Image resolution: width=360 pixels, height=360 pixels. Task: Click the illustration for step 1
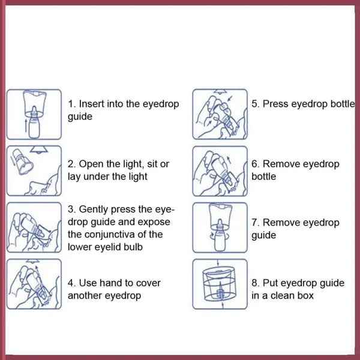click(34, 115)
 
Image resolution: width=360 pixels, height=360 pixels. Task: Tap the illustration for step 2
click(34, 171)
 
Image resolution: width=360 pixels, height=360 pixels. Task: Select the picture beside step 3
click(34, 227)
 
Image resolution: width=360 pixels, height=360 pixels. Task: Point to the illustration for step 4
click(34, 284)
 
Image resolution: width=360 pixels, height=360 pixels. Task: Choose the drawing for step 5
click(220, 114)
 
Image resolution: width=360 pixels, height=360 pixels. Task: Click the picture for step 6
click(220, 171)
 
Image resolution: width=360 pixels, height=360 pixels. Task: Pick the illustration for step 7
click(220, 227)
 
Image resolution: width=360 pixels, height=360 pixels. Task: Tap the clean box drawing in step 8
click(220, 284)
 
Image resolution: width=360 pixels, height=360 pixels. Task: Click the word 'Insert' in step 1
click(91, 104)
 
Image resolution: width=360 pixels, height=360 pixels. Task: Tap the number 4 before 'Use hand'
click(71, 283)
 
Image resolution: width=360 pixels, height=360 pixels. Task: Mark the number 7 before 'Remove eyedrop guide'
click(254, 223)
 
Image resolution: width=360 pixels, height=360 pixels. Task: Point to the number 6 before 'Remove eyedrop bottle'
click(254, 164)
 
